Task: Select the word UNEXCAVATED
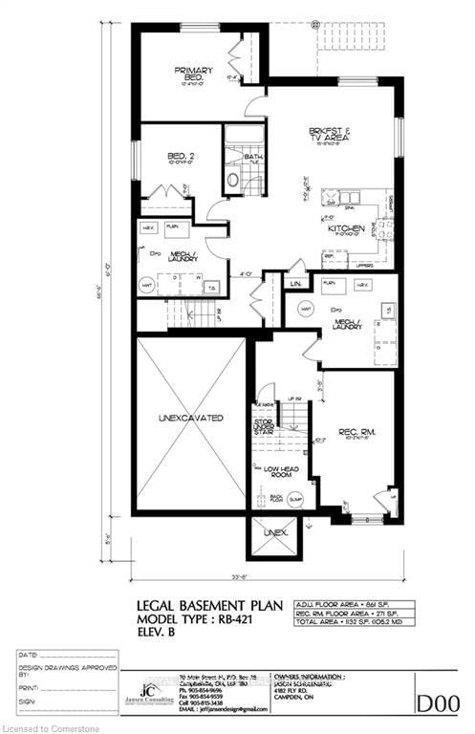pos(191,419)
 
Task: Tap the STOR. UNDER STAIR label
pos(265,426)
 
